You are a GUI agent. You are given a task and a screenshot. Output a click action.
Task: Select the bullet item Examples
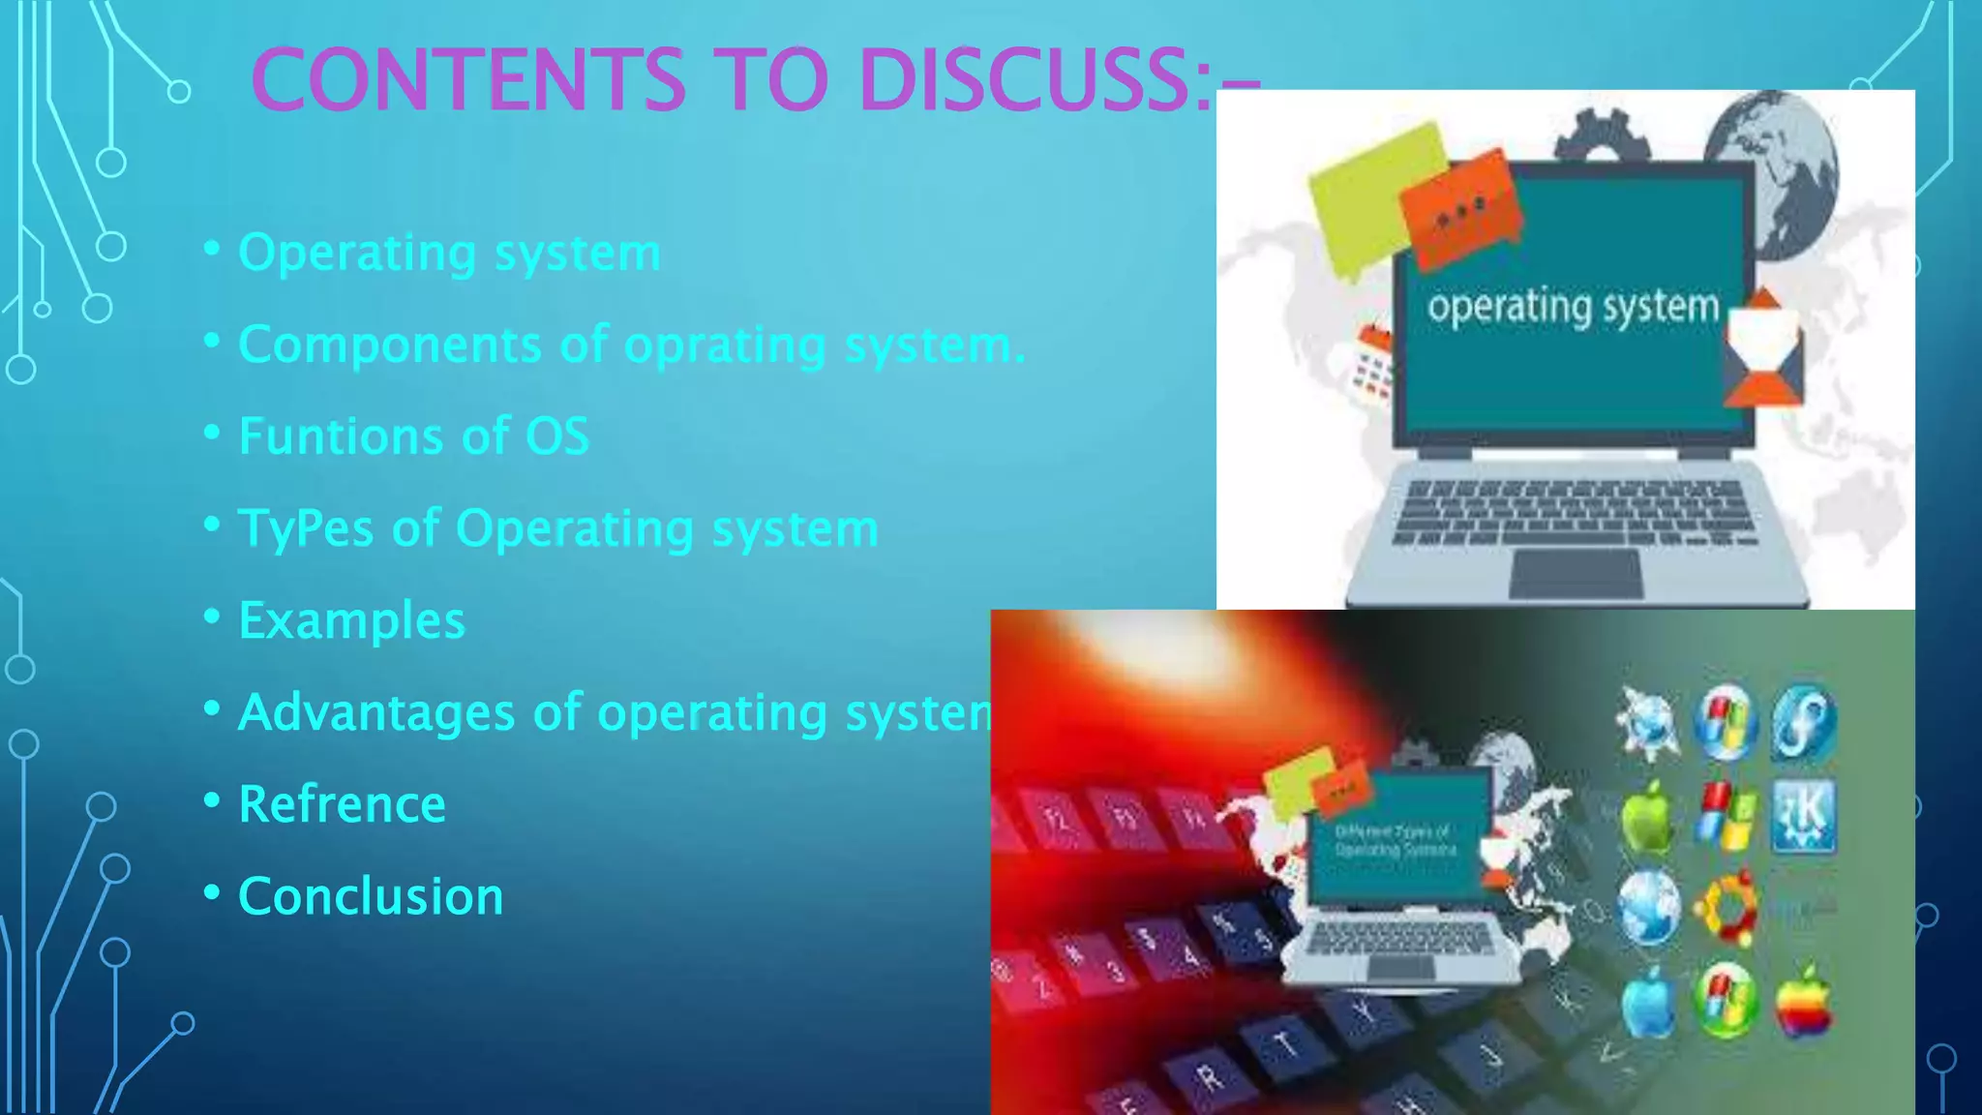tap(351, 620)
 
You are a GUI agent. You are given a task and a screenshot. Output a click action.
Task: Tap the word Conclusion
tap(371, 896)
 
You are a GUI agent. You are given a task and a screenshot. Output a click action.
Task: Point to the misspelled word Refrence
tap(342, 804)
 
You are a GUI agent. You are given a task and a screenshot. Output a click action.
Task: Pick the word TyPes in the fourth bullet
tap(305, 528)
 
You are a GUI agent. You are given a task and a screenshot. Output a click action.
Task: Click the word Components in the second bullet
tap(390, 345)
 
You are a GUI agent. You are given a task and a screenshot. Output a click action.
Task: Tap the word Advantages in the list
tap(375, 712)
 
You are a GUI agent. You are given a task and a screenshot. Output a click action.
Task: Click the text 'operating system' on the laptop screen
tap(1573, 308)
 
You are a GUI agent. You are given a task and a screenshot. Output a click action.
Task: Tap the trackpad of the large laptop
tap(1576, 573)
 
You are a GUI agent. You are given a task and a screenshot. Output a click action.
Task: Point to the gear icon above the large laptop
tap(1602, 136)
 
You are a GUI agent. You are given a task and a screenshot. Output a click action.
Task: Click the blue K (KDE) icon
tap(1803, 816)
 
